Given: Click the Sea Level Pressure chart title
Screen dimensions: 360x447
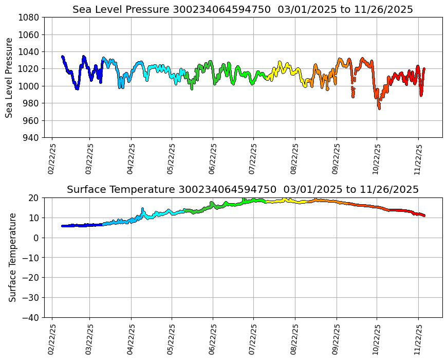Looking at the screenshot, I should pyautogui.click(x=243, y=10).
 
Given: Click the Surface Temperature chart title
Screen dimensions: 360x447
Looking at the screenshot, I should pyautogui.click(x=243, y=190).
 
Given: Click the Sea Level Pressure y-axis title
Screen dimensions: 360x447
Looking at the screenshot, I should pyautogui.click(x=10, y=78).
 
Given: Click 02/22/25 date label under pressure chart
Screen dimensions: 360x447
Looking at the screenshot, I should pyautogui.click(x=52, y=159).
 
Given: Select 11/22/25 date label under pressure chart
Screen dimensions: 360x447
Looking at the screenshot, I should pyautogui.click(x=418, y=159).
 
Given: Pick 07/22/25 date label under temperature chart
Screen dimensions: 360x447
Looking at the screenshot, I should pyautogui.click(x=253, y=339).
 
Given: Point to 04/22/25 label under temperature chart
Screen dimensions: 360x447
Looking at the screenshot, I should pyautogui.click(x=131, y=339).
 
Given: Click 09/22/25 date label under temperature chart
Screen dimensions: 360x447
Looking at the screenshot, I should pyautogui.click(x=337, y=339).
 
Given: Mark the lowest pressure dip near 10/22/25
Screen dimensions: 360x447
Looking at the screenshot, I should pyautogui.click(x=379, y=108).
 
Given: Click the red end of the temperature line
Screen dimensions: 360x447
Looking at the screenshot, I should pyautogui.click(x=424, y=215).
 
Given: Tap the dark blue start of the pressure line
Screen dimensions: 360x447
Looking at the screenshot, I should pyautogui.click(x=63, y=57).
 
